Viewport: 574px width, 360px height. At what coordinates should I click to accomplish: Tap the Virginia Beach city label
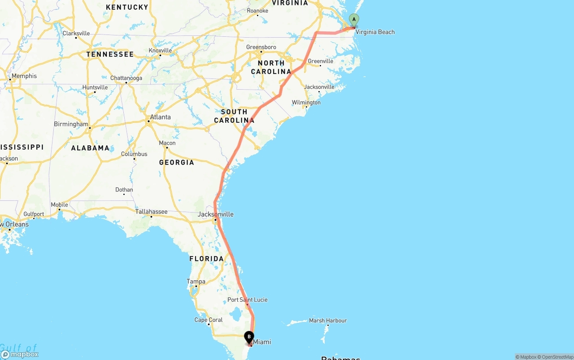(x=375, y=32)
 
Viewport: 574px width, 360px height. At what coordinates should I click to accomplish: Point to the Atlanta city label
(x=160, y=117)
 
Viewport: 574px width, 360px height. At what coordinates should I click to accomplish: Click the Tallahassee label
(x=152, y=212)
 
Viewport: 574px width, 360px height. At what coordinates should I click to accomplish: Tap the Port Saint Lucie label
(x=247, y=299)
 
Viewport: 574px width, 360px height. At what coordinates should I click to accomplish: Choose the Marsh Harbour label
(x=327, y=321)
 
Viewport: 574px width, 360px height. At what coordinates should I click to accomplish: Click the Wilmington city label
(x=306, y=103)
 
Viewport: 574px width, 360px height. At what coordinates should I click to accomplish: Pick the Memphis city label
(x=24, y=76)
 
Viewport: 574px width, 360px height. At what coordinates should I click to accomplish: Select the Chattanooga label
(x=126, y=78)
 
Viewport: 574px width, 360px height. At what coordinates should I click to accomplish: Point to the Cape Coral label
(x=209, y=320)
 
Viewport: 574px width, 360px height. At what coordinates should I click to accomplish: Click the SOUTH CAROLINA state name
(x=234, y=116)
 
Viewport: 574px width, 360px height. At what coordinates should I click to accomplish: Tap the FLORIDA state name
(x=206, y=259)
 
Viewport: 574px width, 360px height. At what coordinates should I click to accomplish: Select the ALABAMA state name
(x=90, y=148)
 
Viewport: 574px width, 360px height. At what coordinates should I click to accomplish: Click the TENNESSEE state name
(x=110, y=54)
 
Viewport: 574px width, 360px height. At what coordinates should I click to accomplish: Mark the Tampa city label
(x=196, y=282)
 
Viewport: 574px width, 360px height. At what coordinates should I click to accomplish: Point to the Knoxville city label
(x=160, y=50)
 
